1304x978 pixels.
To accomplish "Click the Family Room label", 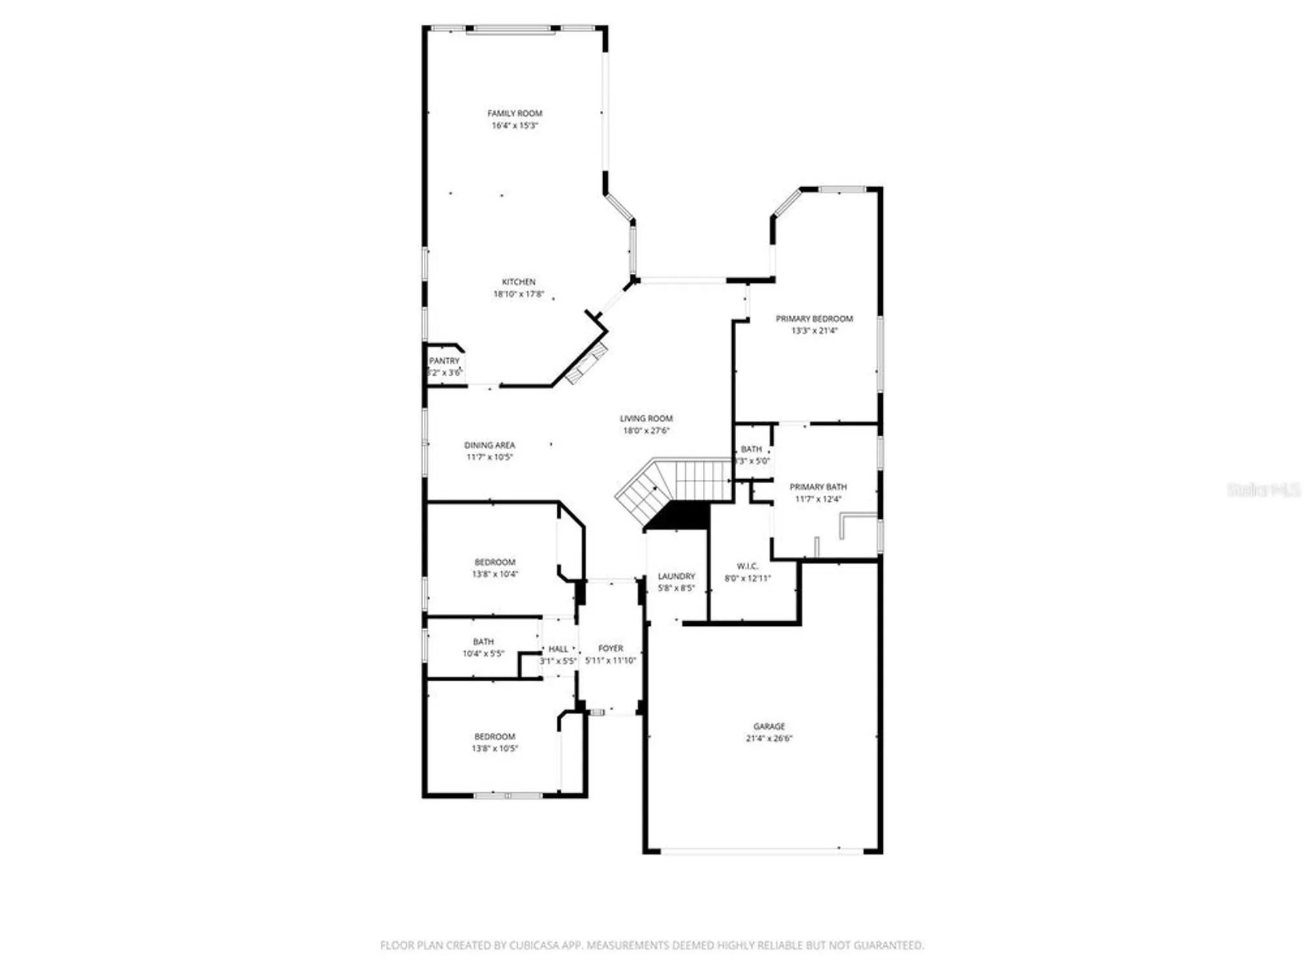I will point(514,113).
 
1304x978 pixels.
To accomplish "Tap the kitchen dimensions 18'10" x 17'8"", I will point(518,294).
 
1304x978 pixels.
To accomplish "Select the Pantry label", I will point(444,361).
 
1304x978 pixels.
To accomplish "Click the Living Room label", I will point(645,419).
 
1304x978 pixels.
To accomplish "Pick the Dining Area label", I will point(489,445).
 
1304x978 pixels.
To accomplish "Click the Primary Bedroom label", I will point(814,319).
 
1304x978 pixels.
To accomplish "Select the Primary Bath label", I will point(818,487).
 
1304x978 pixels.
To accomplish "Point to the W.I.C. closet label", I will point(747,566).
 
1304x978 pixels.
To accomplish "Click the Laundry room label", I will point(676,576).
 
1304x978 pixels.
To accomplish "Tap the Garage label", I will point(769,726).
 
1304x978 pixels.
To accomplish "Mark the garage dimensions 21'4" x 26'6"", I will point(769,739).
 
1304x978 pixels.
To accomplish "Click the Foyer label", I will point(610,648).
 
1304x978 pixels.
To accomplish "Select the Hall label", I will point(558,649).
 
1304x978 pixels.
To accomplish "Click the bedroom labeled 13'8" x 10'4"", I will point(495,562).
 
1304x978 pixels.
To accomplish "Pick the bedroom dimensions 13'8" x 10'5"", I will point(495,748).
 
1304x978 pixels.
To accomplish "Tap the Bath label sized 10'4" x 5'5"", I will point(483,642).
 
